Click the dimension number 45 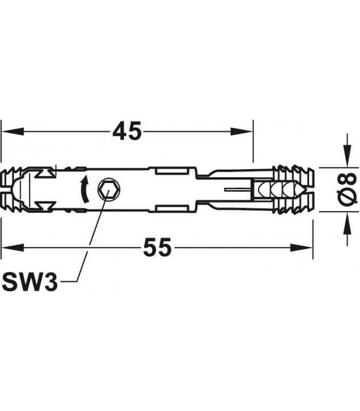coord(127,132)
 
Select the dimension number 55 coord(157,249)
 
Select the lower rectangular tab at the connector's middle coord(171,208)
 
